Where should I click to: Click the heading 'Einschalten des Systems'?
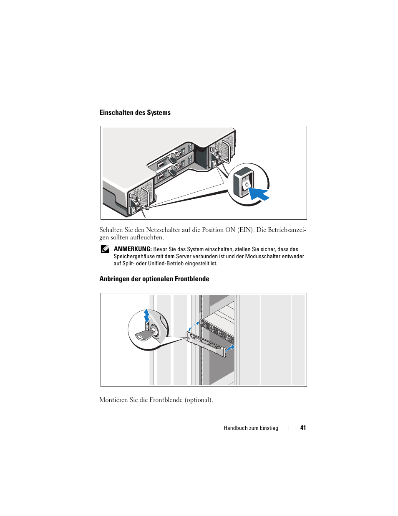pyautogui.click(x=135, y=112)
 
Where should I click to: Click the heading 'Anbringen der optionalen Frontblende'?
pyautogui.click(x=154, y=279)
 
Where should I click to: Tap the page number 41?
pyautogui.click(x=303, y=428)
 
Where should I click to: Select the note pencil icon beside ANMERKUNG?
pyautogui.click(x=105, y=249)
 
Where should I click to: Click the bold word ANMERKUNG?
pyautogui.click(x=133, y=249)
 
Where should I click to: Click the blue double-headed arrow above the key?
pyautogui.click(x=146, y=316)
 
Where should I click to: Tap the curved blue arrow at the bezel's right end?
pyautogui.click(x=230, y=349)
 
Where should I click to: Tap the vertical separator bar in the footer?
pyautogui.click(x=289, y=428)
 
